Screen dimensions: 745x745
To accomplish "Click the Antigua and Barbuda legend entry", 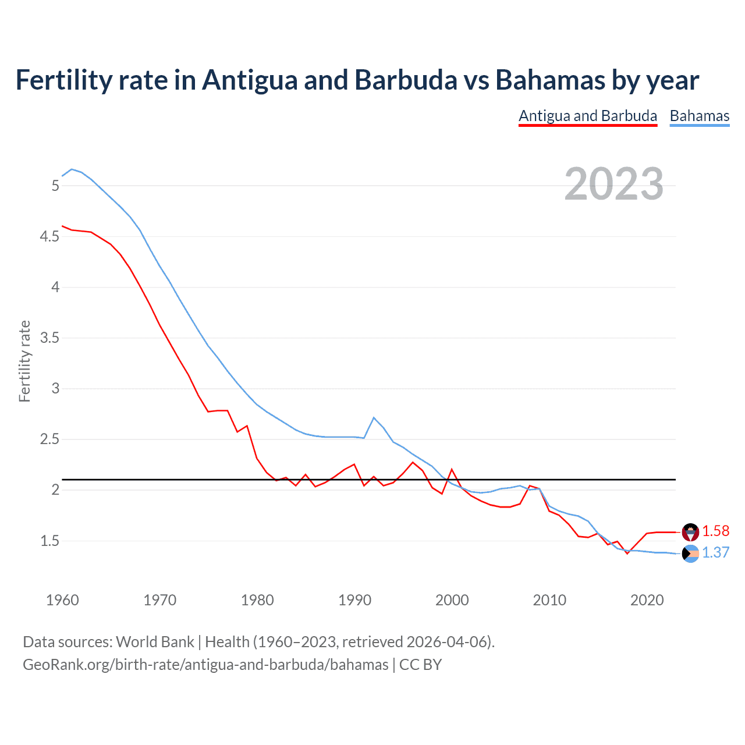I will (588, 116).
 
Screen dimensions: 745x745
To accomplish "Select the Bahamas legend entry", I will (699, 116).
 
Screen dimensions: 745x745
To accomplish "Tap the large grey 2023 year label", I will (613, 184).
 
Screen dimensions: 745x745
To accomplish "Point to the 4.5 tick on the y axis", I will (49, 236).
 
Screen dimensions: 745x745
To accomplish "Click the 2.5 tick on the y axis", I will (49, 439).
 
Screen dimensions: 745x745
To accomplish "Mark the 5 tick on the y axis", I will (55, 186).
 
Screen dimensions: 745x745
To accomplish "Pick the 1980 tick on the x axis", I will (257, 600).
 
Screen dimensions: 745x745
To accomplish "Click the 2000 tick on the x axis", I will (452, 600).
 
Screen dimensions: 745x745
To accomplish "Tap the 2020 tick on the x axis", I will (647, 600).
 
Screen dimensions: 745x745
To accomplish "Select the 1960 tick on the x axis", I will (62, 600).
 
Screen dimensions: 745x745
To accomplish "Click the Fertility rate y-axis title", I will (24, 361).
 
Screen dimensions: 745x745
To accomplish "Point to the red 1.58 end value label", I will (715, 531).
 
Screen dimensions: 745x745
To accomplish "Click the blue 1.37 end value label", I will (715, 552).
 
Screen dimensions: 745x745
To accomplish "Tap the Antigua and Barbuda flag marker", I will (690, 531).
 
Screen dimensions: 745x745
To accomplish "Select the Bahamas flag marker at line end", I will (690, 554).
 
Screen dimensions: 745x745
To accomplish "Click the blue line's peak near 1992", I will (374, 418).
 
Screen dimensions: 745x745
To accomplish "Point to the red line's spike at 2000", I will (452, 469).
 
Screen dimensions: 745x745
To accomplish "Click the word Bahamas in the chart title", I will (550, 80).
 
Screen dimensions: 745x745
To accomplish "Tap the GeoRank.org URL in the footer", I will (205, 664).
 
